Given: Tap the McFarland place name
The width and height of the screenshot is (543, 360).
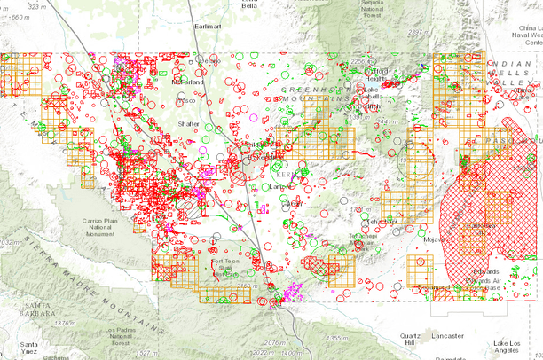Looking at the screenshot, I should (x=187, y=82).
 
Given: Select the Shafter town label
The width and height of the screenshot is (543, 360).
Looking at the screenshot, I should (x=189, y=124).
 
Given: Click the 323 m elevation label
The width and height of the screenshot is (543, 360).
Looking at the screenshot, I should (x=36, y=6).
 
